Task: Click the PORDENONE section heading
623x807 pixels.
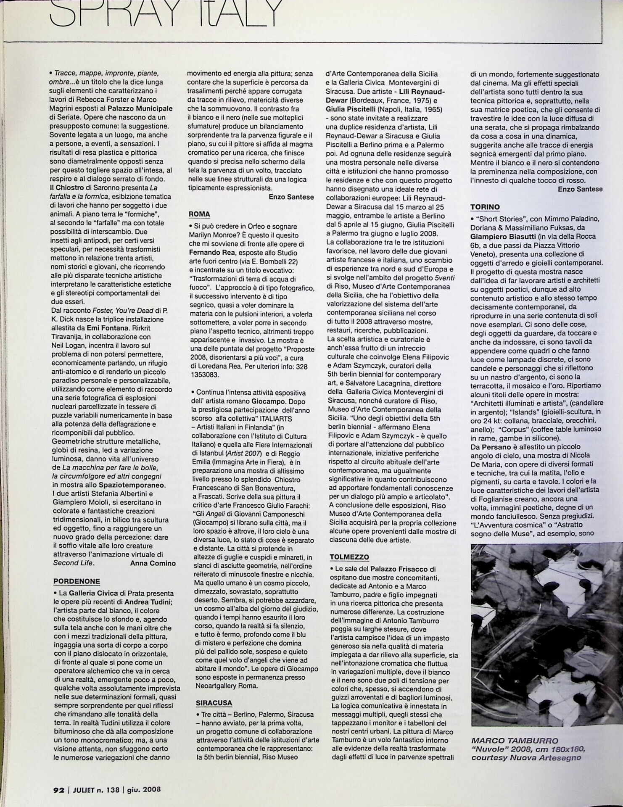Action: [77, 581]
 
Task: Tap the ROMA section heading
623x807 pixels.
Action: [199, 214]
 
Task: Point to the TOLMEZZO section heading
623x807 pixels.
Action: [349, 557]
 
